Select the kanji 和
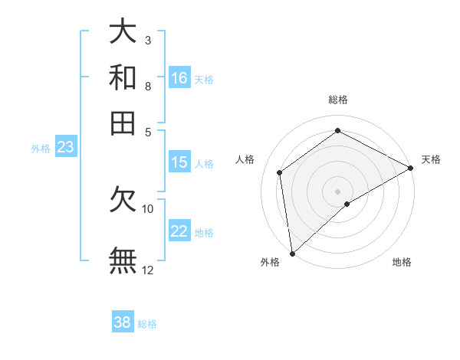pos(123,77)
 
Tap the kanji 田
pos(123,123)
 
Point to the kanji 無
pos(123,260)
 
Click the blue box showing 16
pos(179,77)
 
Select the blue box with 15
pos(179,162)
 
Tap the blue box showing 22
pos(179,231)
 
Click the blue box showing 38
pos(123,322)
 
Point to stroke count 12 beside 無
pos(148,270)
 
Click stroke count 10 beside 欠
pos(148,208)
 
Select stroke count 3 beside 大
pos(148,40)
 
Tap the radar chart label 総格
pos(337,100)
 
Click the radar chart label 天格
pos(431,159)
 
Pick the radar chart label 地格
pos(402,263)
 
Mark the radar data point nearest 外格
pos(292,253)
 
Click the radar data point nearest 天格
pos(411,168)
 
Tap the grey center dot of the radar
pos(337,191)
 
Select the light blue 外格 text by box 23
pos(40,149)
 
